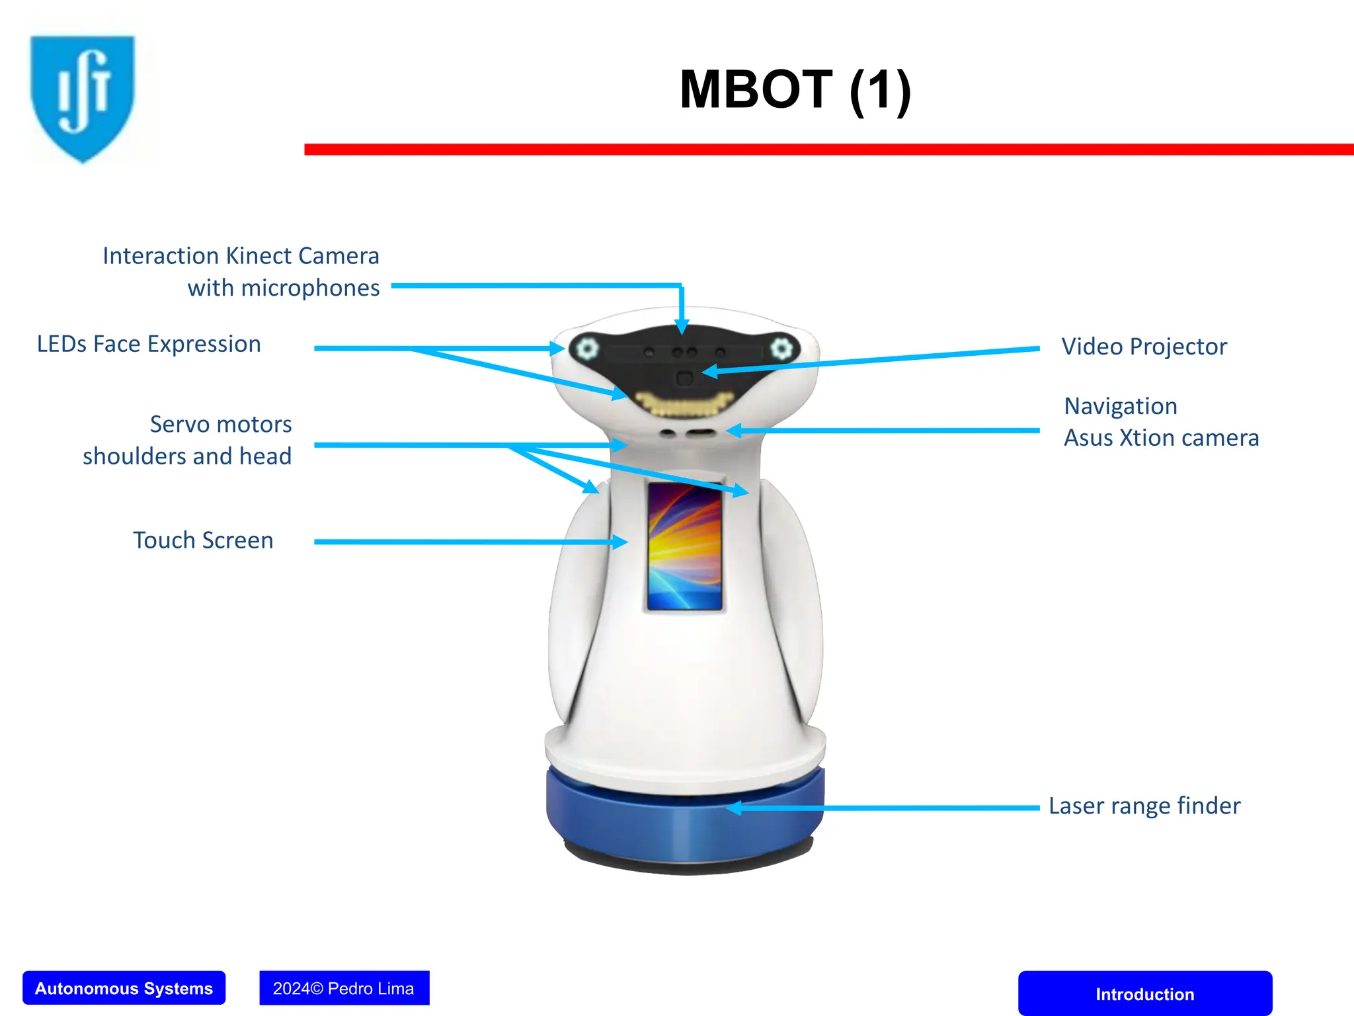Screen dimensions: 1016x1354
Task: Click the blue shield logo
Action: click(x=82, y=97)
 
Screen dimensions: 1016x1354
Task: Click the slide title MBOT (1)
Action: click(x=795, y=90)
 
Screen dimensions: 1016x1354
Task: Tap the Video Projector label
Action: click(x=1144, y=347)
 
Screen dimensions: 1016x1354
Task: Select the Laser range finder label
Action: click(x=1144, y=806)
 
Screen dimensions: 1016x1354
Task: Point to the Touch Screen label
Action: click(x=203, y=540)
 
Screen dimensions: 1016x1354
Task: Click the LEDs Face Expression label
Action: click(x=149, y=344)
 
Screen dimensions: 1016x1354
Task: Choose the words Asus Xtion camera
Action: click(x=1161, y=438)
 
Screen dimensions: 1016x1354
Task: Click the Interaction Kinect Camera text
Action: click(x=241, y=256)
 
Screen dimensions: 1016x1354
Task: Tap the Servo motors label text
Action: click(x=220, y=424)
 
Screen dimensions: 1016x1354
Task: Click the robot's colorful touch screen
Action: click(x=684, y=546)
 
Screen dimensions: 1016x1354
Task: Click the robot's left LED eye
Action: click(x=586, y=348)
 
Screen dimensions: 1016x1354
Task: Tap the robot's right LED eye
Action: click(x=781, y=348)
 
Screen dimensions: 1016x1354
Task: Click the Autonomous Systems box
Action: click(x=124, y=988)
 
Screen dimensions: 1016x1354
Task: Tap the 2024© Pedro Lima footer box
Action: click(x=344, y=988)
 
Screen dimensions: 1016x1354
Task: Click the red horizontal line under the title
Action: click(x=826, y=149)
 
